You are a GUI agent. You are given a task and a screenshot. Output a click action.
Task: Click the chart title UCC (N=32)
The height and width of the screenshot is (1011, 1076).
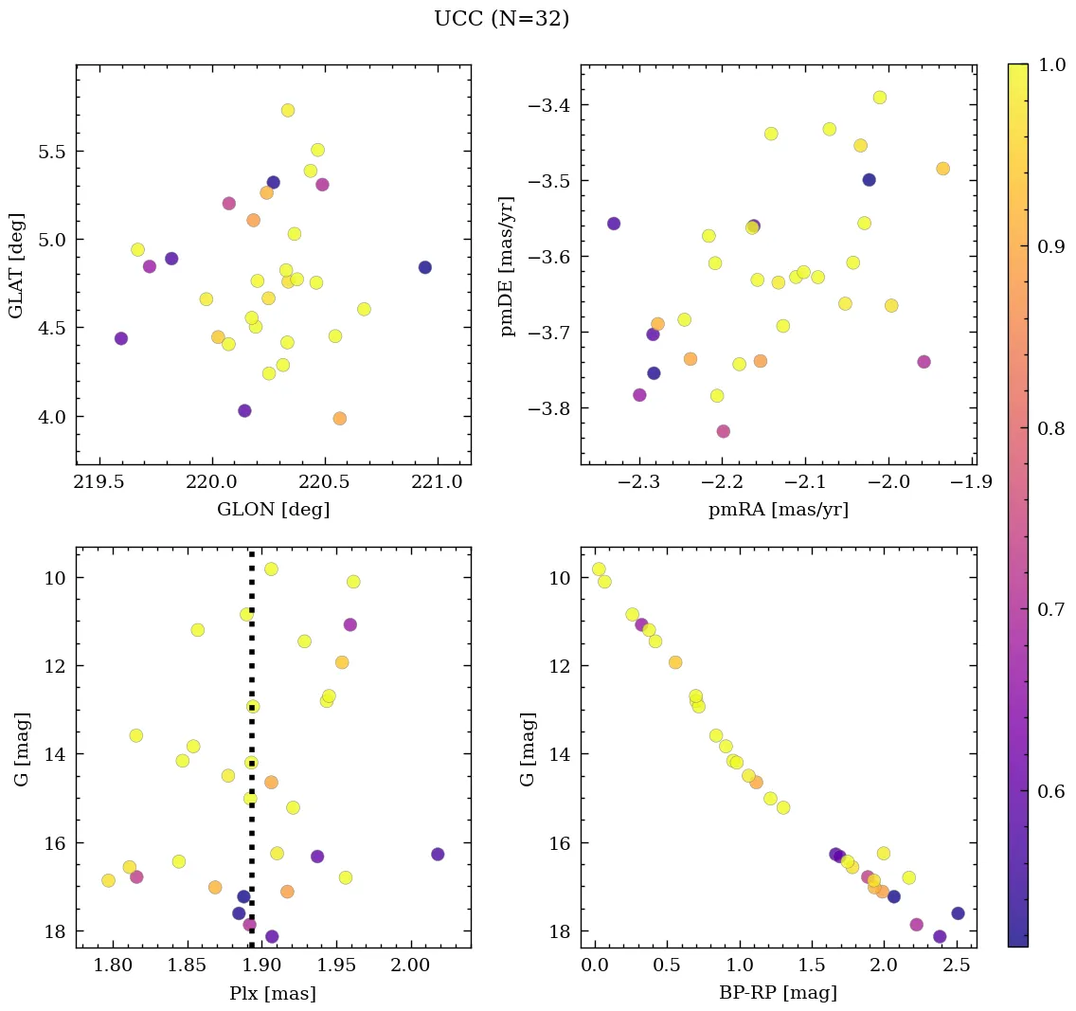click(501, 19)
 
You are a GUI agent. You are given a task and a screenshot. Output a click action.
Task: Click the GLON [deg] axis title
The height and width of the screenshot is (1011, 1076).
click(273, 510)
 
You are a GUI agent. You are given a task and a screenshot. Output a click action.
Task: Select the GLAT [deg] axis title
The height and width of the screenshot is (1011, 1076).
click(16, 264)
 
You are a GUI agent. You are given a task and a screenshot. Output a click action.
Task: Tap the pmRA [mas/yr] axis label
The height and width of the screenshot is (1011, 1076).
click(778, 510)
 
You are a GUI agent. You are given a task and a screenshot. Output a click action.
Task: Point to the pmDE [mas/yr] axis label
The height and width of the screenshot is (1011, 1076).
click(507, 266)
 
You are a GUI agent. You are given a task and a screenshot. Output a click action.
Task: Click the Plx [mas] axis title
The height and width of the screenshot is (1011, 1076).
click(273, 993)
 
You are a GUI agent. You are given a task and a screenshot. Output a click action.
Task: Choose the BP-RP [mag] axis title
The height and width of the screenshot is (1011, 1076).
click(778, 993)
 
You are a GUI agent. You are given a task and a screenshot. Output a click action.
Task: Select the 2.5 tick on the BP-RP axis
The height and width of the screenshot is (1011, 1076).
click(957, 966)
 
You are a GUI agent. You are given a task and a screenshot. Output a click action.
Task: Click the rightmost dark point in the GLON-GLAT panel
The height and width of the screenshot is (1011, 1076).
click(424, 267)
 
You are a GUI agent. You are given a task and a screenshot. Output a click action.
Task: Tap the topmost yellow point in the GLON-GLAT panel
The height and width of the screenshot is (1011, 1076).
click(288, 110)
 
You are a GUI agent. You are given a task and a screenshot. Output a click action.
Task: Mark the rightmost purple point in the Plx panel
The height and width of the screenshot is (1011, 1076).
click(438, 854)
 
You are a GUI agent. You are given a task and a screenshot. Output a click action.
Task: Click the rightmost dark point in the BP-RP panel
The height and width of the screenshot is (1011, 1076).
click(958, 913)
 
